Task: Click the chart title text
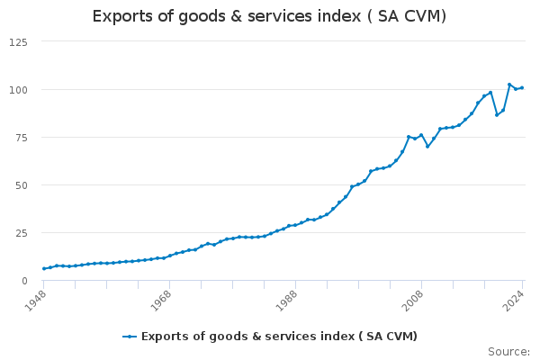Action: click(x=269, y=17)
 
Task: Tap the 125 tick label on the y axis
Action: click(x=19, y=42)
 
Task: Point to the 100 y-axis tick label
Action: click(x=19, y=90)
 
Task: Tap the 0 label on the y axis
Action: click(x=24, y=281)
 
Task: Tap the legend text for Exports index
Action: click(x=279, y=337)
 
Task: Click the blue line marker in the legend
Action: click(x=130, y=337)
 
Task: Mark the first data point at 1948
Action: click(x=44, y=268)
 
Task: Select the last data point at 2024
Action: click(x=522, y=87)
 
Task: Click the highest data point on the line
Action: click(x=509, y=85)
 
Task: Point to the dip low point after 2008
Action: click(x=427, y=146)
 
